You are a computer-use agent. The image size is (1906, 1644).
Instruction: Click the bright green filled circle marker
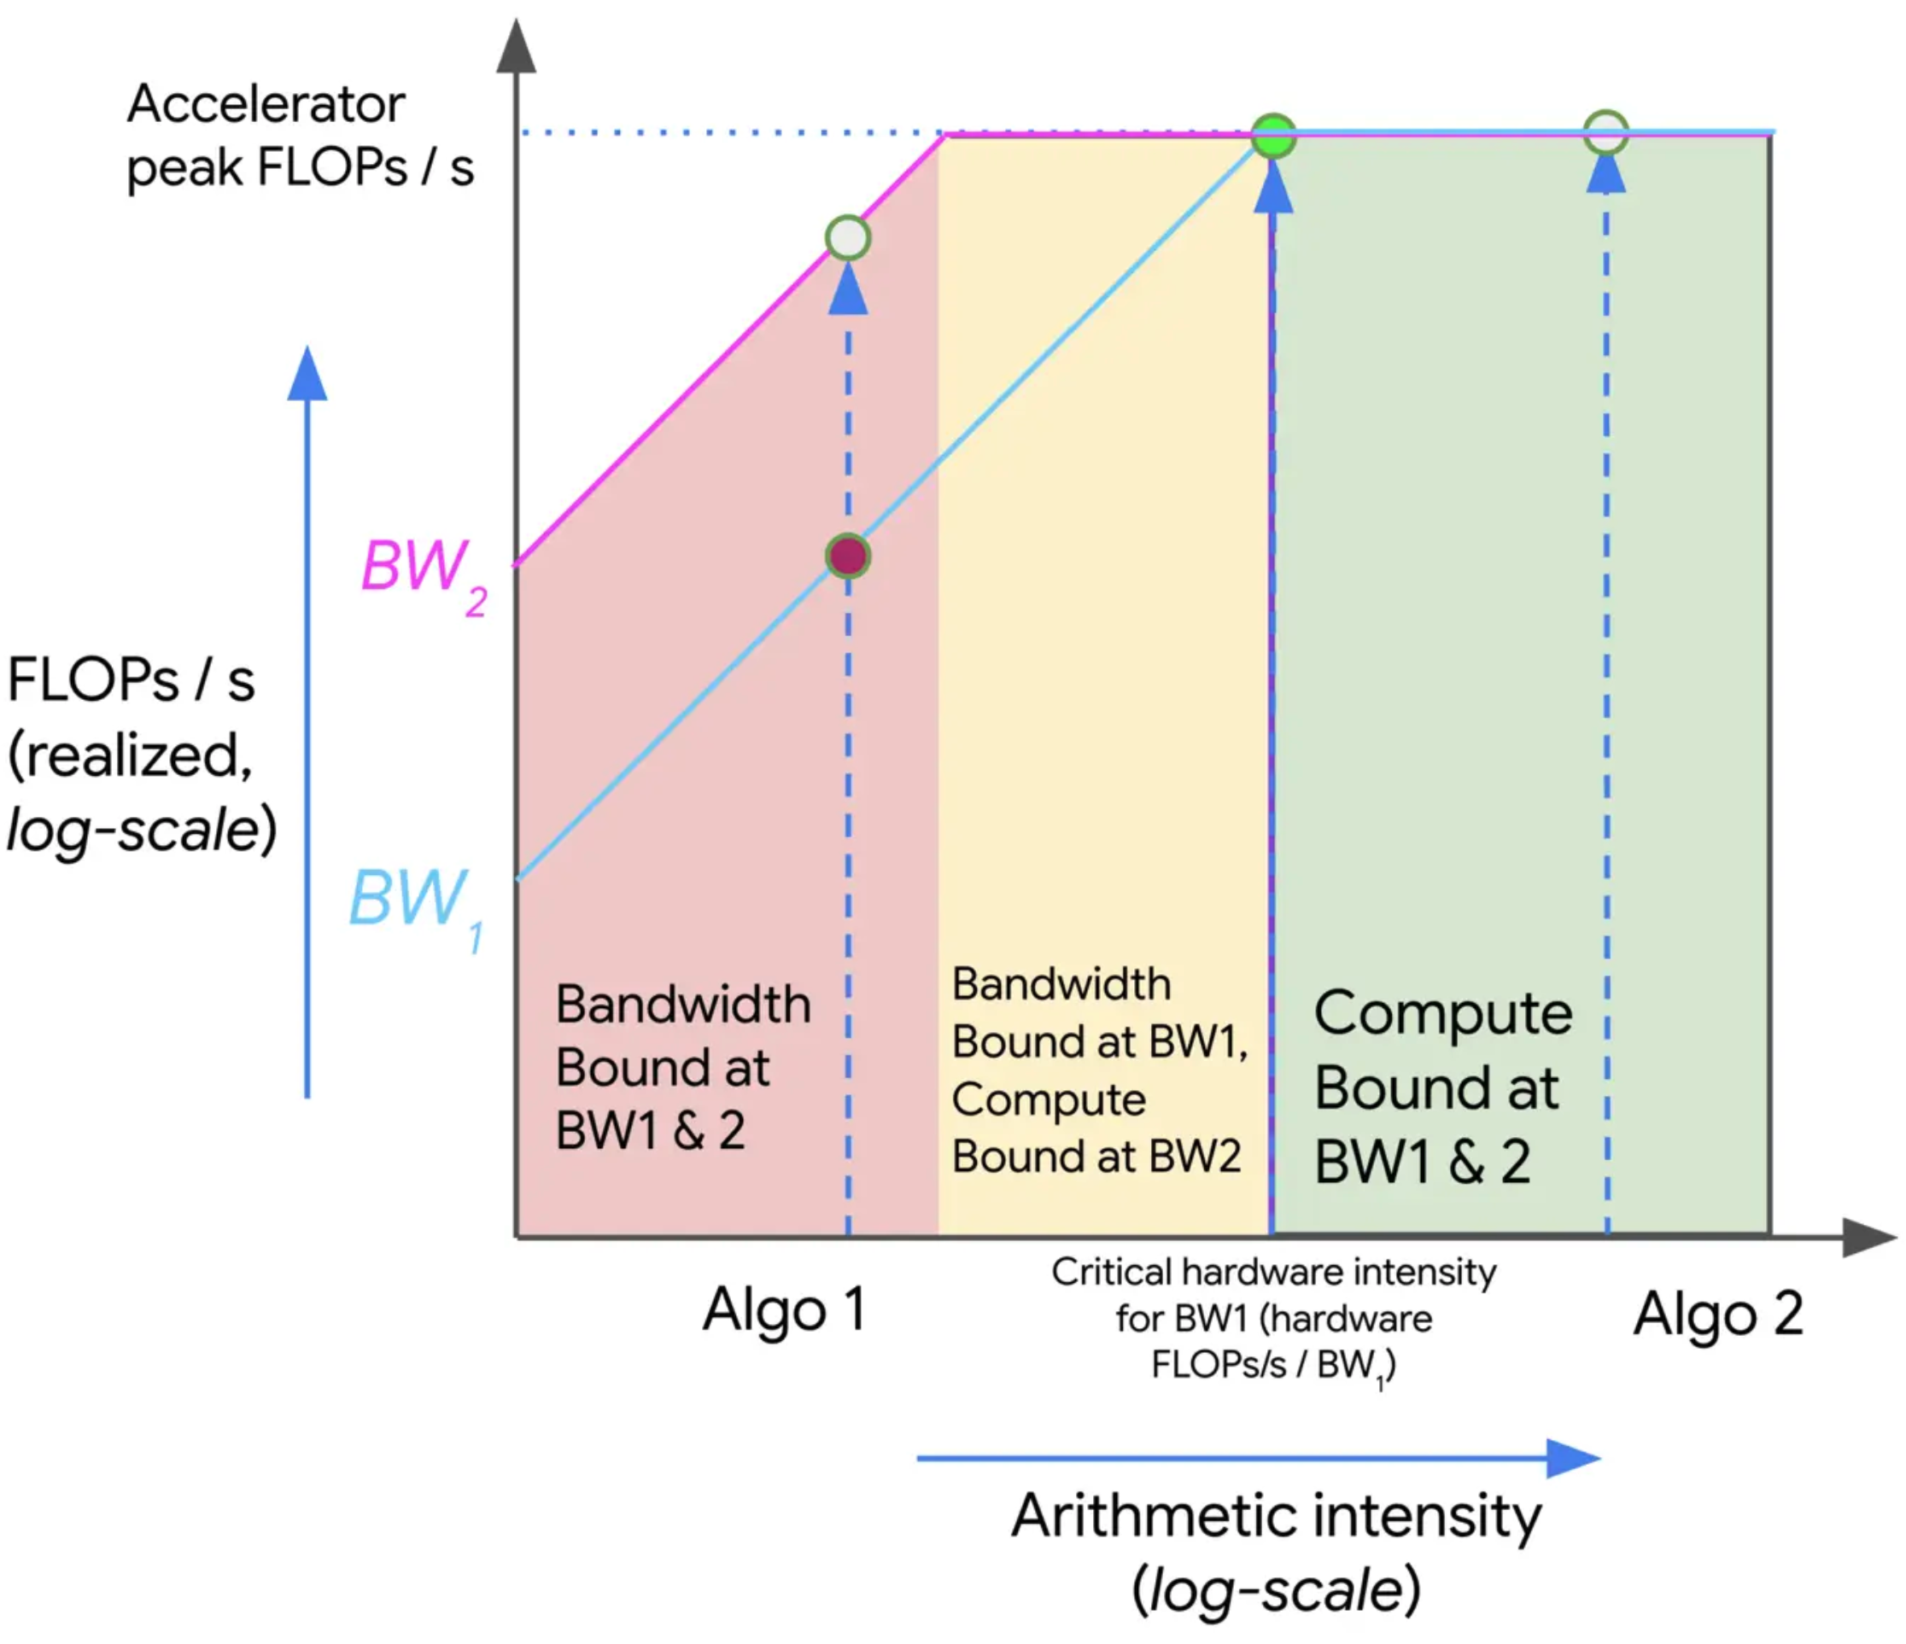point(1274,136)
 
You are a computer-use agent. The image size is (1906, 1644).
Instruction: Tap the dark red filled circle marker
point(847,556)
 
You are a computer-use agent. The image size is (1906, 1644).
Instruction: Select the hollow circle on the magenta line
point(847,238)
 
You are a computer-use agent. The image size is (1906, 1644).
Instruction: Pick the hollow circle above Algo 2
point(1606,133)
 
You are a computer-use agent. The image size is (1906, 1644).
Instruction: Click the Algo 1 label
point(784,1309)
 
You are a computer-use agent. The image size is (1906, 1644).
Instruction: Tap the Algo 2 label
point(1717,1314)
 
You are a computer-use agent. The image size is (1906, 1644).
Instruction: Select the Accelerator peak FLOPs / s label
point(299,135)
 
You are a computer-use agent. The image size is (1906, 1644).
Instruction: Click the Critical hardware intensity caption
point(1274,1319)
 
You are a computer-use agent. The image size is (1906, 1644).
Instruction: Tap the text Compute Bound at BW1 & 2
point(1442,1087)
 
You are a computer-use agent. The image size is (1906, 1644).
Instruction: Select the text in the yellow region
point(1099,1070)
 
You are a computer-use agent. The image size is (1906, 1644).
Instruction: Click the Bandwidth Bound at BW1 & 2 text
point(682,1067)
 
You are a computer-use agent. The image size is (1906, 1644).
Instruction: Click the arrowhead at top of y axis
point(516,46)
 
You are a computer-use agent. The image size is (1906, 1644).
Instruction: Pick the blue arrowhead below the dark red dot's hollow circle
point(847,291)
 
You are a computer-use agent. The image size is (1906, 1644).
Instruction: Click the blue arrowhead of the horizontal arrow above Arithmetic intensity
point(1572,1457)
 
